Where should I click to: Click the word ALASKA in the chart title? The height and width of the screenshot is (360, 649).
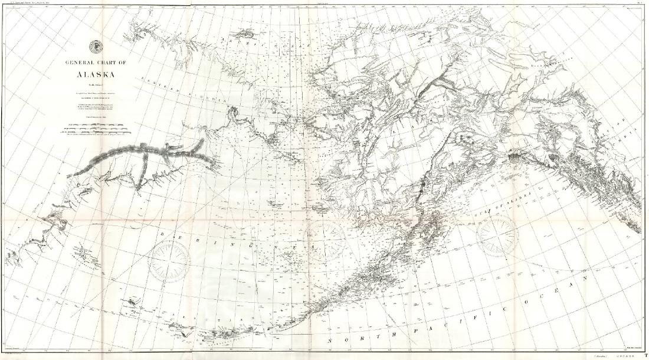point(95,74)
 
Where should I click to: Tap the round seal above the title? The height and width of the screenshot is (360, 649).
point(94,47)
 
